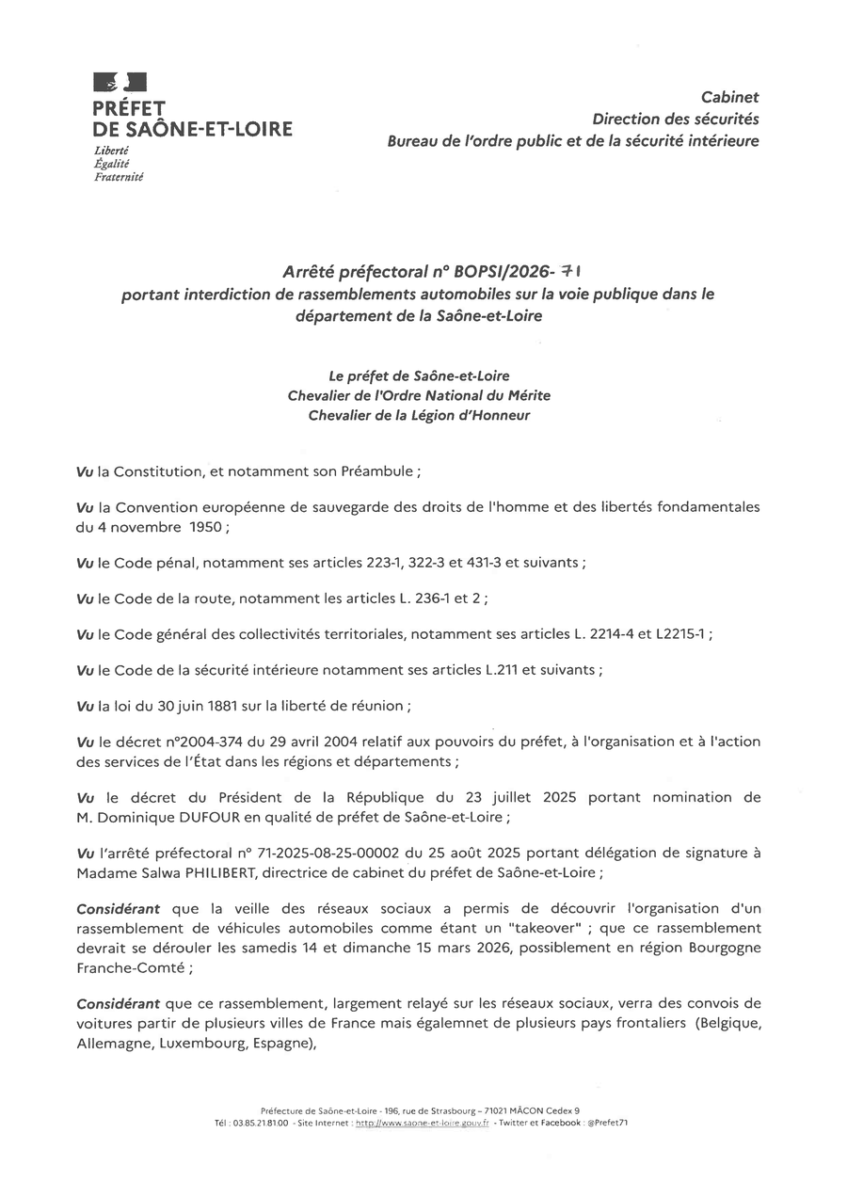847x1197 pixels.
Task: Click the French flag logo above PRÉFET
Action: coord(120,84)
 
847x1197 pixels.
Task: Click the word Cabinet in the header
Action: coord(730,97)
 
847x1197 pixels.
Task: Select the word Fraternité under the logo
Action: coord(120,176)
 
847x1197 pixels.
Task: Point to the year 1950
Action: coord(204,527)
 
